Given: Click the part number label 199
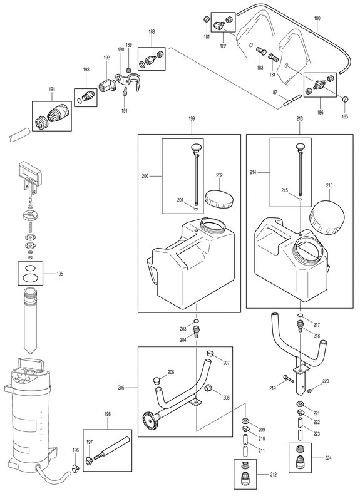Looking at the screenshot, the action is click(192, 119).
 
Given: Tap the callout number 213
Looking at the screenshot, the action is click(300, 119).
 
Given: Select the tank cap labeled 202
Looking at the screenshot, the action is click(219, 199).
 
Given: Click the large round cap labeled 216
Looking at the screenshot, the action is click(327, 217).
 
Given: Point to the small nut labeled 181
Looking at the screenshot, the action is click(207, 19).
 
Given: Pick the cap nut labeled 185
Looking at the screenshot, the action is click(345, 99).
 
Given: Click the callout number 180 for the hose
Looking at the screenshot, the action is click(317, 19).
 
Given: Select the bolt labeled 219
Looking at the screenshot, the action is click(289, 379).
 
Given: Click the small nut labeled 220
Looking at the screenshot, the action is click(309, 390).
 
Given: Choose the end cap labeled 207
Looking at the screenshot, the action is click(210, 353).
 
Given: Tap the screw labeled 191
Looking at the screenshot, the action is click(125, 91).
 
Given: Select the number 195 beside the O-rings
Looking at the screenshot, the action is click(59, 274).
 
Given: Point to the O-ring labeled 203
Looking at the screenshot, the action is click(196, 321).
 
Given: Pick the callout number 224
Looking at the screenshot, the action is click(328, 458).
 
